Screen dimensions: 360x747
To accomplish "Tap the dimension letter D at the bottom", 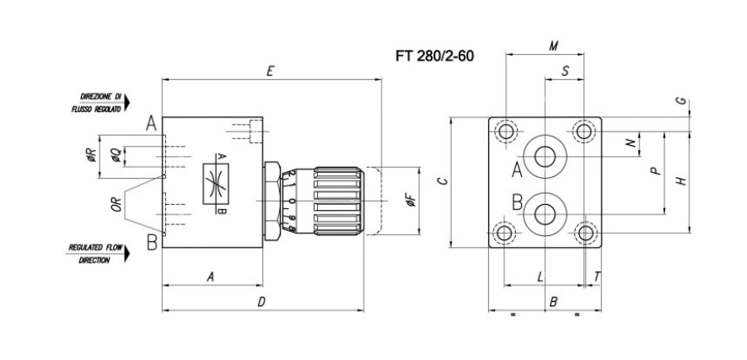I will pyautogui.click(x=262, y=301).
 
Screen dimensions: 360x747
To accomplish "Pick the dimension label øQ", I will pyautogui.click(x=116, y=156).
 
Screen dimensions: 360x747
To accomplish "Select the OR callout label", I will pyautogui.click(x=117, y=202).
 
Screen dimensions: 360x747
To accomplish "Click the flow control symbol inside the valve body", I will pyautogui.click(x=219, y=184).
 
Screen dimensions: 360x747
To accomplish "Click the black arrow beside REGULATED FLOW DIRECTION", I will pyautogui.click(x=127, y=254).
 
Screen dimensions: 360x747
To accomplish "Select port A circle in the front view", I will pyautogui.click(x=541, y=158).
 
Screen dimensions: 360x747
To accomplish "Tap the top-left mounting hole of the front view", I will pyautogui.click(x=507, y=132).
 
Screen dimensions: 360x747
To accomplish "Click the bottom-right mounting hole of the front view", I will pyautogui.click(x=583, y=233).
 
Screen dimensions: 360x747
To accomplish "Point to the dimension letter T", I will pyautogui.click(x=597, y=276).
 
